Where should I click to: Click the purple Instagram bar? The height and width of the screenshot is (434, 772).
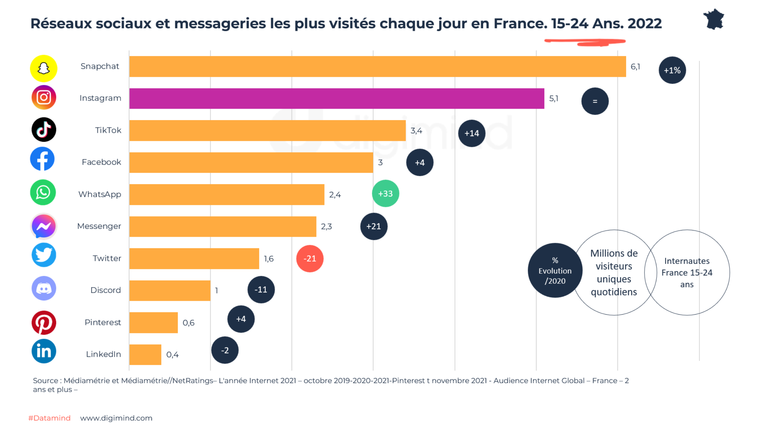pos(336,98)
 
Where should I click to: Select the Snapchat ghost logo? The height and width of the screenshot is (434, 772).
pos(44,68)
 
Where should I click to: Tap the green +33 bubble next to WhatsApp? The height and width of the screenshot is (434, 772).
pos(385,194)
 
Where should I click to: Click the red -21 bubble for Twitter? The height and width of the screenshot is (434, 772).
pos(310,259)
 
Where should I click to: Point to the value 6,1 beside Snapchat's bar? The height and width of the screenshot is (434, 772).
pos(635,67)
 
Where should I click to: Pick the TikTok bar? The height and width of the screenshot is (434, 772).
pos(267,130)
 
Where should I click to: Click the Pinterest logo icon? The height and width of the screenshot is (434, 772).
pos(44,323)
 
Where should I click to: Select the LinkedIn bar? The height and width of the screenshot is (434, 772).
pos(145,355)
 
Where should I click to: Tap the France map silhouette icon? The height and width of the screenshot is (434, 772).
pos(714,19)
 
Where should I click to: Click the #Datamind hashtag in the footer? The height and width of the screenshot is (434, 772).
pos(49,418)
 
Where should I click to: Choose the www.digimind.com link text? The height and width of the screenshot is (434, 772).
pos(116,418)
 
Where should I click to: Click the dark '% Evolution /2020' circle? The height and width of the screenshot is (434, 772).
pos(555,270)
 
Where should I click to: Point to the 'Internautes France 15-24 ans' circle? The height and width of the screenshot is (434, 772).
pos(687,272)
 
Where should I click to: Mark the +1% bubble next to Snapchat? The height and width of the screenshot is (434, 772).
pos(672,70)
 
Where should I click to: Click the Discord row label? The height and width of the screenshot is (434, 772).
pos(106,290)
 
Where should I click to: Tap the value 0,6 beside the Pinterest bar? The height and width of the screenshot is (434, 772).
pos(188,323)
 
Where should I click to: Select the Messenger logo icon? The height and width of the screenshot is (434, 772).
pos(44,226)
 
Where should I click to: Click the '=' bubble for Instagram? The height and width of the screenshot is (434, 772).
pos(595,101)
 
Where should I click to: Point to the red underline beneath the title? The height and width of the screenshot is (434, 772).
pos(585,42)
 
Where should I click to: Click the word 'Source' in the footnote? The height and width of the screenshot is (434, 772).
pos(46,381)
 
